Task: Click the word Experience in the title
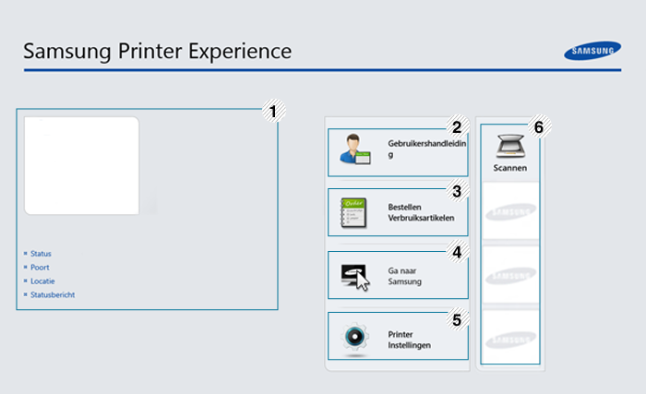[245, 51]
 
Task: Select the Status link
[41, 253]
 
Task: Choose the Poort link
[40, 267]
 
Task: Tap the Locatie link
[42, 281]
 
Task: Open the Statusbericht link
[53, 294]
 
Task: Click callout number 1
[271, 112]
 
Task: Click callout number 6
[540, 126]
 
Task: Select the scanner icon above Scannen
[509, 146]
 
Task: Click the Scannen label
[509, 169]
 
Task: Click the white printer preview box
[81, 165]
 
